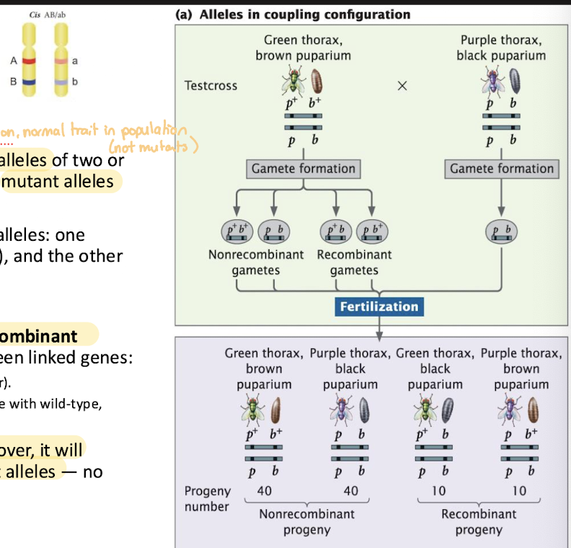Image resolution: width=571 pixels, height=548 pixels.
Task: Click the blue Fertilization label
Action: (379, 306)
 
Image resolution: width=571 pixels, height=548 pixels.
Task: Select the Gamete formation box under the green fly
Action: (304, 169)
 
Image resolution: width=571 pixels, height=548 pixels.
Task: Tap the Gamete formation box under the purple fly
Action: (502, 169)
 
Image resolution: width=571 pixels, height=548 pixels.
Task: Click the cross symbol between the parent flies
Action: (402, 86)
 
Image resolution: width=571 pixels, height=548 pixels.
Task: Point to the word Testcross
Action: (211, 86)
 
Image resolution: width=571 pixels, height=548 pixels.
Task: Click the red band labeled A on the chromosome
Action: (28, 61)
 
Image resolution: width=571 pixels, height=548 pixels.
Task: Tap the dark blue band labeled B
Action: (28, 82)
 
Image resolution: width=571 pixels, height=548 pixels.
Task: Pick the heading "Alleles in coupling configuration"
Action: (293, 14)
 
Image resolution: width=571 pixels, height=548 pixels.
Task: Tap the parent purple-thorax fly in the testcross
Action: (494, 81)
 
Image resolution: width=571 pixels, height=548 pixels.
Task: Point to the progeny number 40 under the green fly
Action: (264, 490)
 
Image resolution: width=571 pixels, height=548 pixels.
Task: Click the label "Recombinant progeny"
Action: (479, 522)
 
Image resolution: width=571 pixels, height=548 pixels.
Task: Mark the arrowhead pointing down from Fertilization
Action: (379, 333)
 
